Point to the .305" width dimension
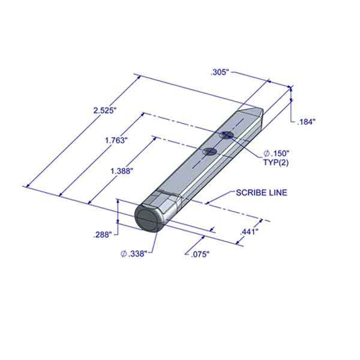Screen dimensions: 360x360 click(220, 72)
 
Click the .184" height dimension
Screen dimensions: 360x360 click(306, 121)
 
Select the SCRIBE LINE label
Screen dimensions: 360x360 click(261, 193)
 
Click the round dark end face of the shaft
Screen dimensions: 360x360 click(149, 218)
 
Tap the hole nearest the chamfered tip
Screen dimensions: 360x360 click(226, 135)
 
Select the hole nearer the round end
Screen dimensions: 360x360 click(209, 151)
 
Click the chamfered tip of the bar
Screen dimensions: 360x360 click(253, 112)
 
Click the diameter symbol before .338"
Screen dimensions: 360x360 click(124, 254)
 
